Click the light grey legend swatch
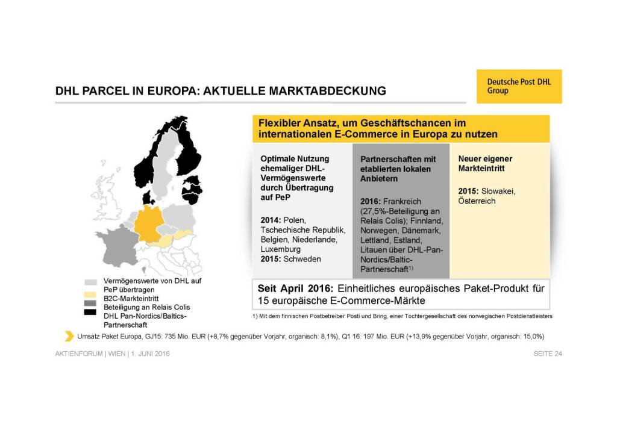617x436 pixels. coord(91,281)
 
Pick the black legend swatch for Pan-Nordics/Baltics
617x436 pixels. coord(91,312)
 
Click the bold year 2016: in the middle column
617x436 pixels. coord(372,201)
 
